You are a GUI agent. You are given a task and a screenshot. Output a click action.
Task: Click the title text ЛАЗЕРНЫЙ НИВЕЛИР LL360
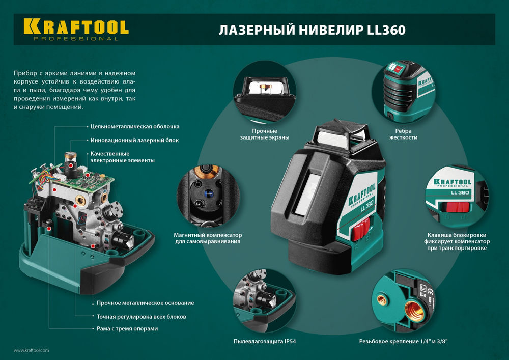[312, 31]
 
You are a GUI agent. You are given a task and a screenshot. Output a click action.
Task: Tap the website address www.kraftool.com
[31, 350]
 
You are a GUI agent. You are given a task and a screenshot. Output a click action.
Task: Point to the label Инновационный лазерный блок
[134, 140]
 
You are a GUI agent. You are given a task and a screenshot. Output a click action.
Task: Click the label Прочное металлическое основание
[145, 303]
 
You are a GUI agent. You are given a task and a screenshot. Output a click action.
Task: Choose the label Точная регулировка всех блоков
[141, 316]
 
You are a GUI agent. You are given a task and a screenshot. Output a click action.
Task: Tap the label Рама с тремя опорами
[127, 329]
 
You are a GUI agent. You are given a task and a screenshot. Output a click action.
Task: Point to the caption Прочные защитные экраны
[265, 134]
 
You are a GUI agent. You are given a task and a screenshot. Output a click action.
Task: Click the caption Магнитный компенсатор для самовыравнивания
[209, 238]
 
